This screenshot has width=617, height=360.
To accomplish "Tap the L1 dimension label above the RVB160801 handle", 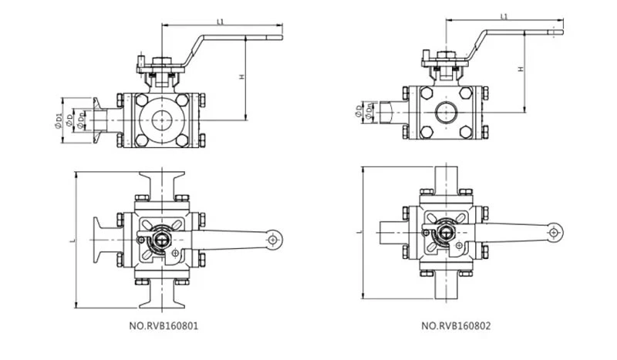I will (x=221, y=22).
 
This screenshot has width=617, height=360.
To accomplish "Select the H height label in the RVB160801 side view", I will (x=241, y=77).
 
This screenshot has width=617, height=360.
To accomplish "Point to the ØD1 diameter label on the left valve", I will (x=59, y=119).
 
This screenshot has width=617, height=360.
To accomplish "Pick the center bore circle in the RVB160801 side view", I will (x=163, y=120).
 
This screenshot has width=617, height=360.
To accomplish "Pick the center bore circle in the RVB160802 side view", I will (x=446, y=113).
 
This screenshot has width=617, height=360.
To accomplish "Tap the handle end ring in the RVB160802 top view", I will (x=553, y=231).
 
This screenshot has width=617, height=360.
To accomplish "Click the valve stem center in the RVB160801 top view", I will (x=160, y=241).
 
